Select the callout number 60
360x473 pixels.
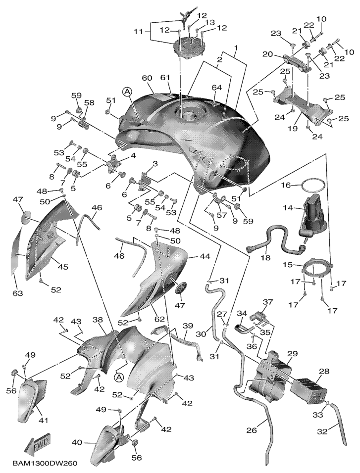point(148,78)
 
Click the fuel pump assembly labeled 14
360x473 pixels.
point(312,218)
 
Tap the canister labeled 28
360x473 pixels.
point(309,388)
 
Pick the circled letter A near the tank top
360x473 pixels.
point(128,91)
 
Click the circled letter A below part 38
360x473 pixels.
point(119,377)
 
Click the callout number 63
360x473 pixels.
point(18,292)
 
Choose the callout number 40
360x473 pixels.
point(78,443)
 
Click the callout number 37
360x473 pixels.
point(267,302)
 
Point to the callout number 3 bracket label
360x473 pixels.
point(155,164)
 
